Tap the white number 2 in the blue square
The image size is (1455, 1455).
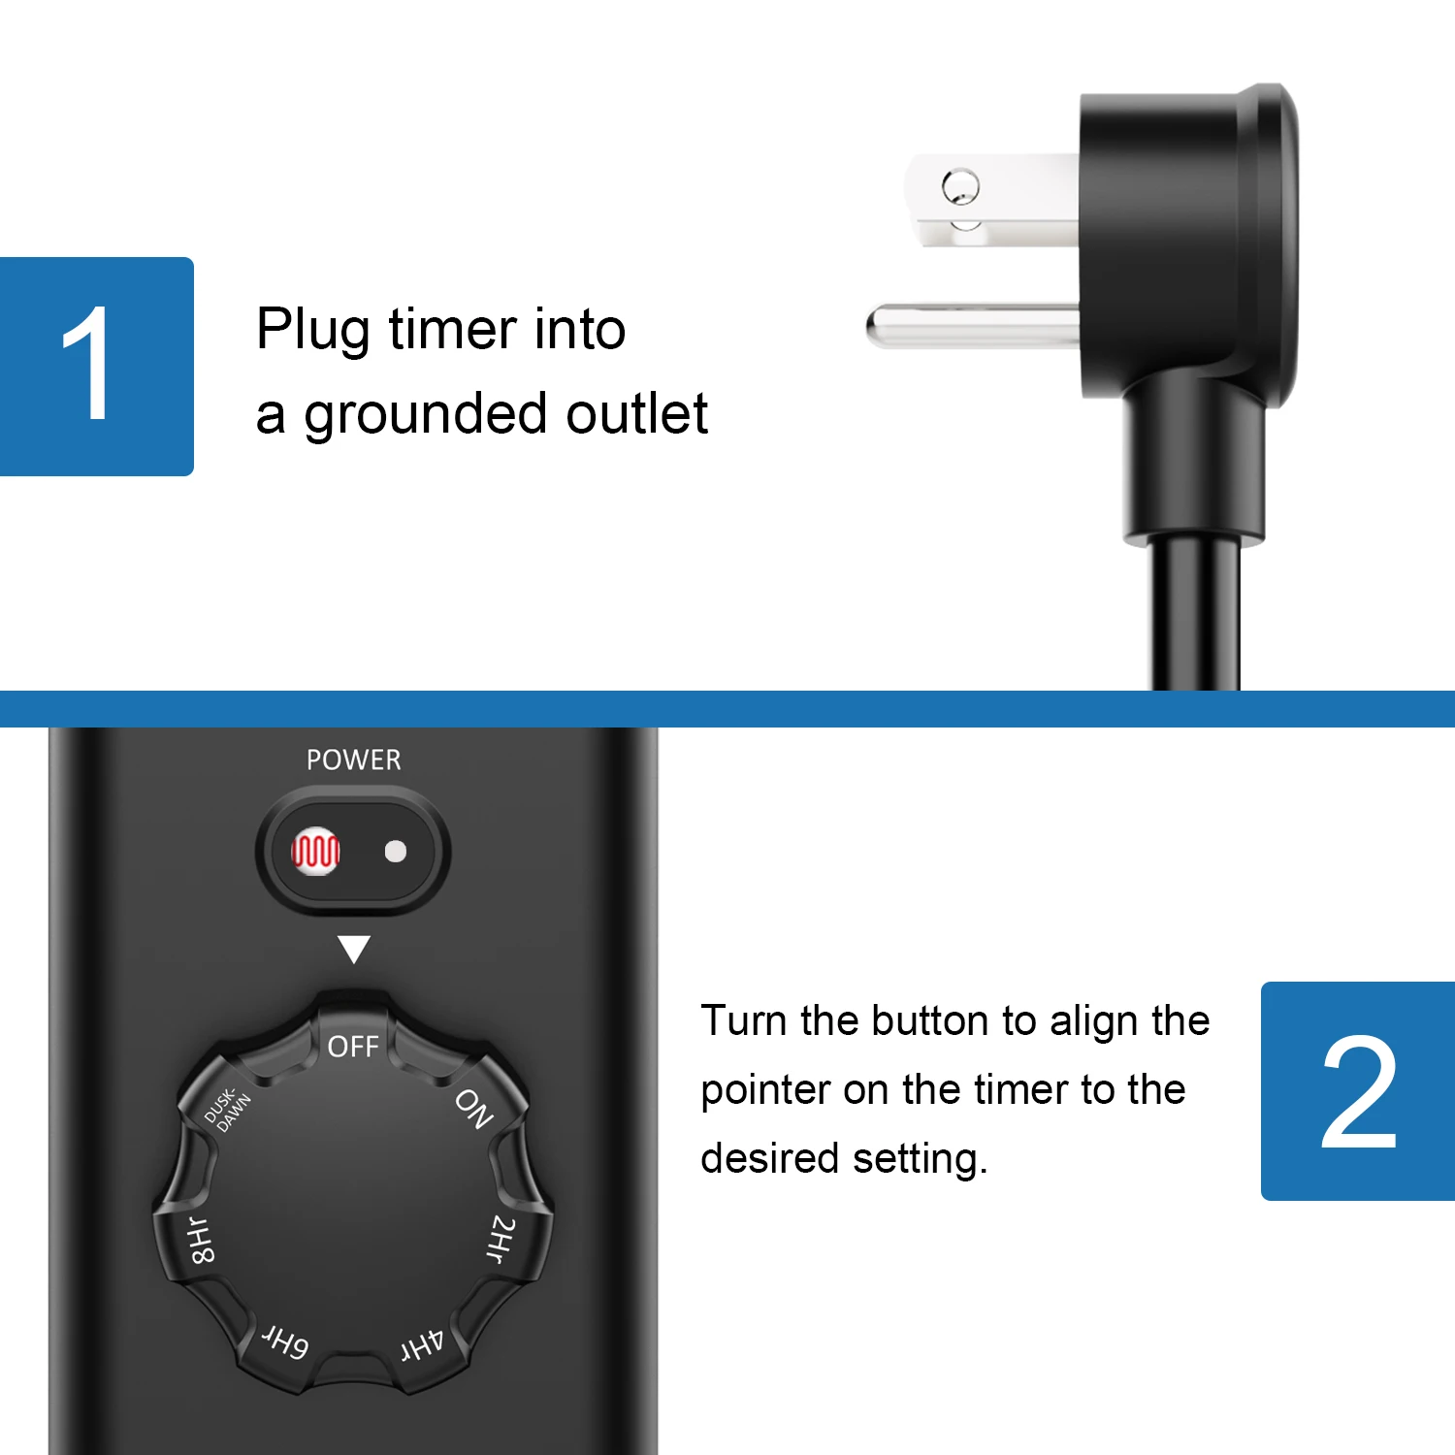(1358, 1092)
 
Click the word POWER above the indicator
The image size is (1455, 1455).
(353, 760)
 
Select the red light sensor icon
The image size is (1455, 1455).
(316, 852)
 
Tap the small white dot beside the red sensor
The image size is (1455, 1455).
(395, 852)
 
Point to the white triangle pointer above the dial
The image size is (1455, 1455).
(354, 948)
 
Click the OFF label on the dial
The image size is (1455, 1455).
(353, 1047)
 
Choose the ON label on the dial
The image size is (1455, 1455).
(474, 1109)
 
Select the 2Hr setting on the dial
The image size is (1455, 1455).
(501, 1239)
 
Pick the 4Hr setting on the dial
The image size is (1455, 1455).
(423, 1344)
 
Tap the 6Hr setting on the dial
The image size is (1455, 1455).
(285, 1342)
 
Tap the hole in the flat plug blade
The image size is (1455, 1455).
(960, 185)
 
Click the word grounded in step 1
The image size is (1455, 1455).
(427, 415)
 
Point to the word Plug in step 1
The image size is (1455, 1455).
(312, 330)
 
